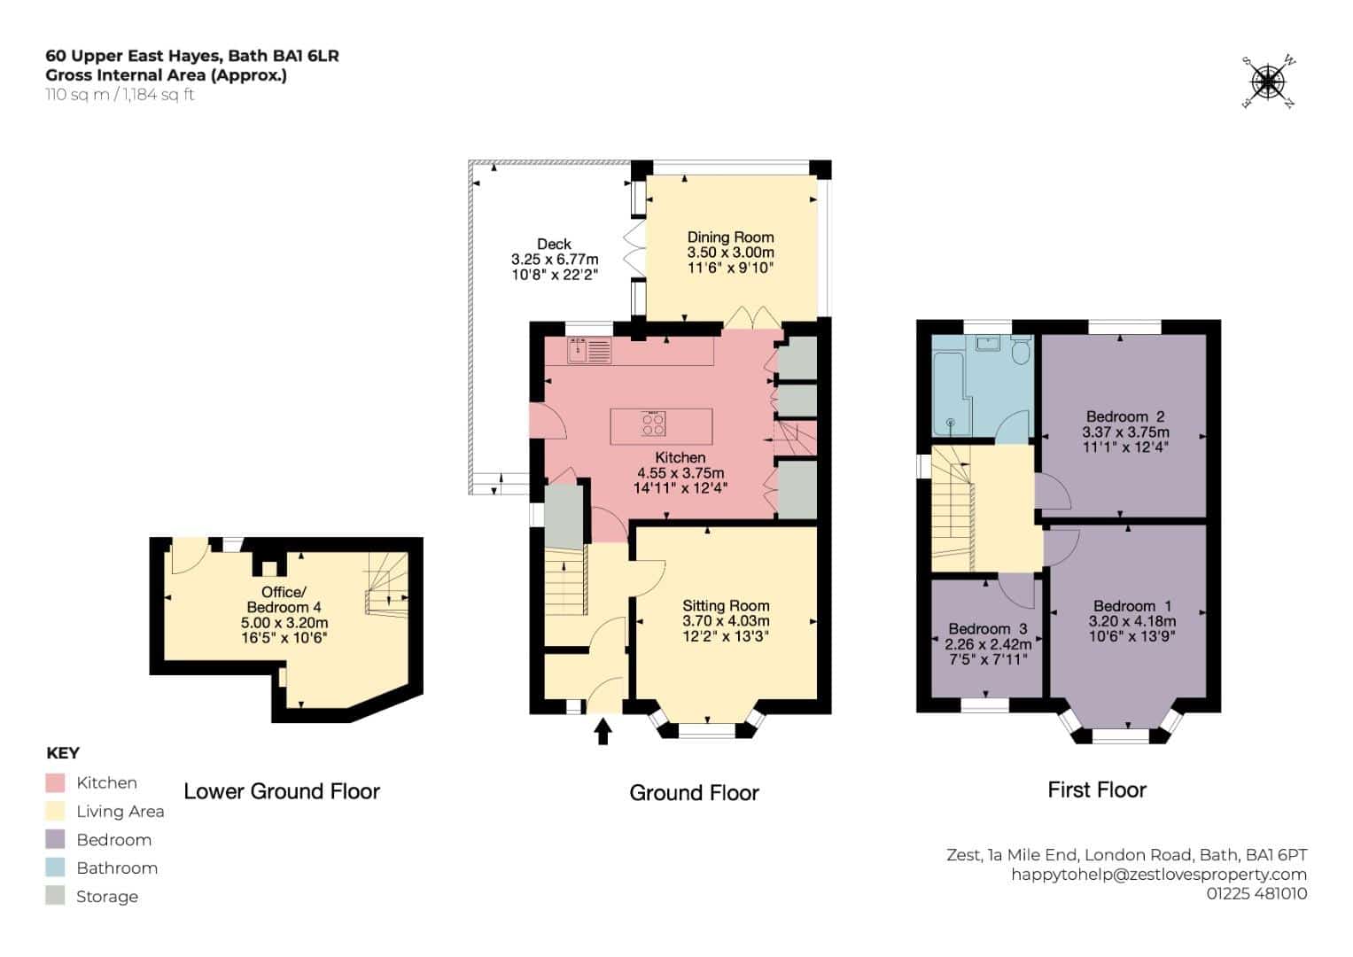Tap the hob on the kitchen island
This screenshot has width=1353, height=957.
[654, 424]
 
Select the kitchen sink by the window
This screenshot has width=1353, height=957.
[589, 350]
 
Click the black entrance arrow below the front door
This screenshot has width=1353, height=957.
[603, 732]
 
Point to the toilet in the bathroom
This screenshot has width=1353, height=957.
[1020, 350]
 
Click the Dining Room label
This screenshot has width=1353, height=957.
[730, 237]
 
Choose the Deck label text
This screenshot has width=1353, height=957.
[554, 244]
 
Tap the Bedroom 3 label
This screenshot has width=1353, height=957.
[988, 628]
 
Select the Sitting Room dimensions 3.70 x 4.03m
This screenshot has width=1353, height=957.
[726, 620]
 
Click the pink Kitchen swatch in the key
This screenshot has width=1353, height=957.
[55, 783]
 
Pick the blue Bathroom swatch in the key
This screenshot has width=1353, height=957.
[55, 868]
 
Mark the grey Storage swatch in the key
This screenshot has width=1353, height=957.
[55, 896]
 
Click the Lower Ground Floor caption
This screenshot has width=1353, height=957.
[282, 791]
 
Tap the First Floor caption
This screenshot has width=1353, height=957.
[1097, 790]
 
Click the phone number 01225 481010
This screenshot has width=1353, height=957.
[1257, 893]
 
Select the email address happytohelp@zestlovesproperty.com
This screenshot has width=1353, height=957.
[1159, 875]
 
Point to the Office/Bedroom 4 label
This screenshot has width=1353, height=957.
[284, 599]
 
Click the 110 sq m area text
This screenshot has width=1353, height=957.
[77, 95]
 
